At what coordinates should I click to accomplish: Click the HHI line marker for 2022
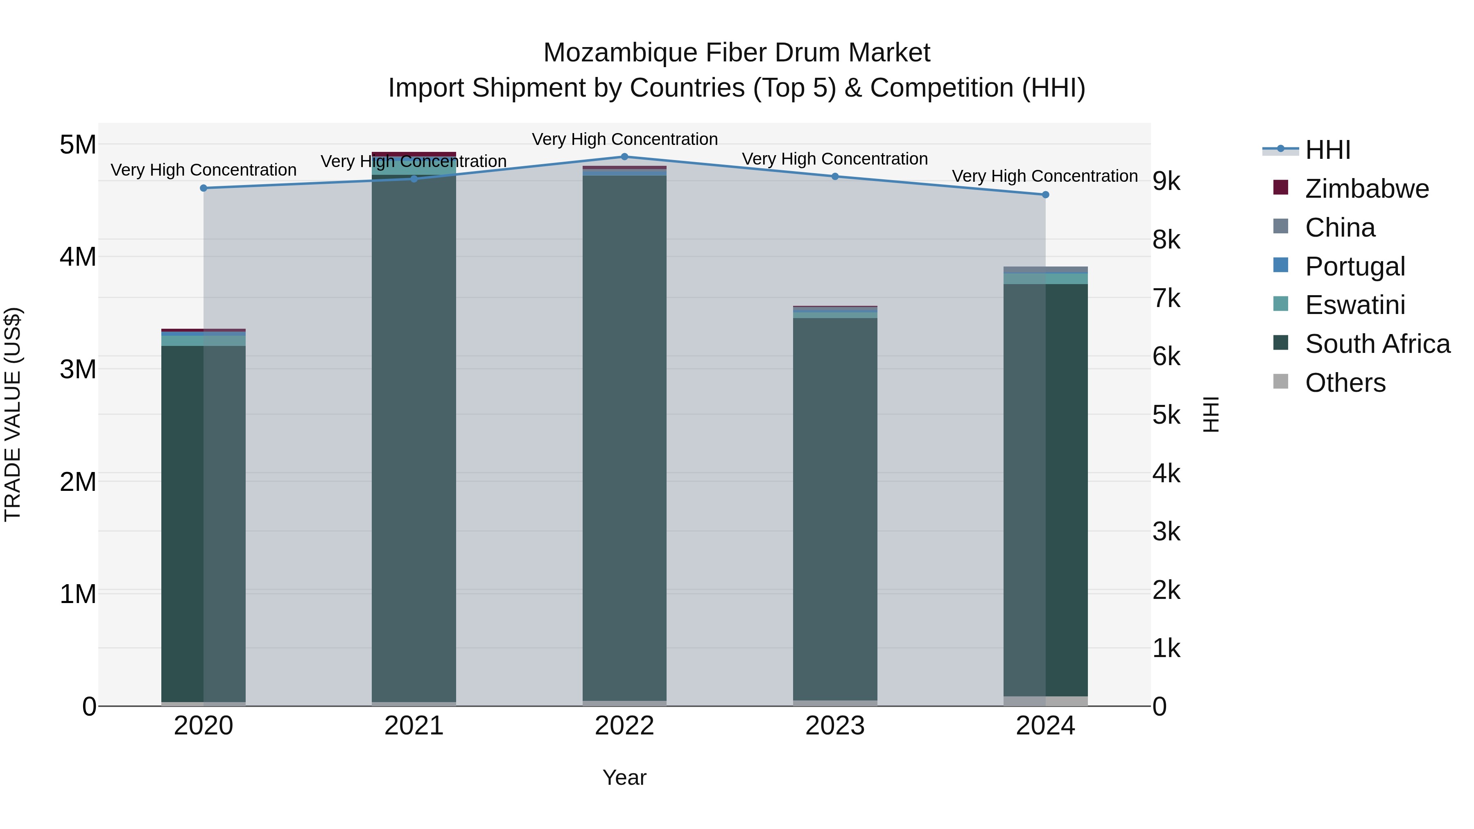click(x=624, y=157)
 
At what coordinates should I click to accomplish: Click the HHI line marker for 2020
click(x=204, y=188)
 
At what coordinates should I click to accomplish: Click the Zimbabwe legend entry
click(x=1366, y=189)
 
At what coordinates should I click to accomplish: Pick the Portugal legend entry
click(x=1354, y=267)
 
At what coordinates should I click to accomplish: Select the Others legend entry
click(x=1345, y=383)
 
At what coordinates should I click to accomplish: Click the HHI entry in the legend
click(x=1327, y=150)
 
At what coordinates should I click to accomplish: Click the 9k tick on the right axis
click(x=1166, y=181)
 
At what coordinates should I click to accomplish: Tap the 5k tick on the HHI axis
click(x=1166, y=416)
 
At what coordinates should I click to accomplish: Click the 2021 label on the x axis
click(x=414, y=726)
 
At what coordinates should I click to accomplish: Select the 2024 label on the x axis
click(x=1045, y=726)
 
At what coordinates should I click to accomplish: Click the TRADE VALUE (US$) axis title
click(x=13, y=414)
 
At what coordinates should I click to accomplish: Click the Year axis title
click(x=624, y=777)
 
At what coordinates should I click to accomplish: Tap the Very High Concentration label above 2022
click(x=624, y=139)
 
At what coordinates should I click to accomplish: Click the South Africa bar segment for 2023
click(x=835, y=509)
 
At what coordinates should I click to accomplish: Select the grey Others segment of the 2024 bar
click(x=1045, y=701)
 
